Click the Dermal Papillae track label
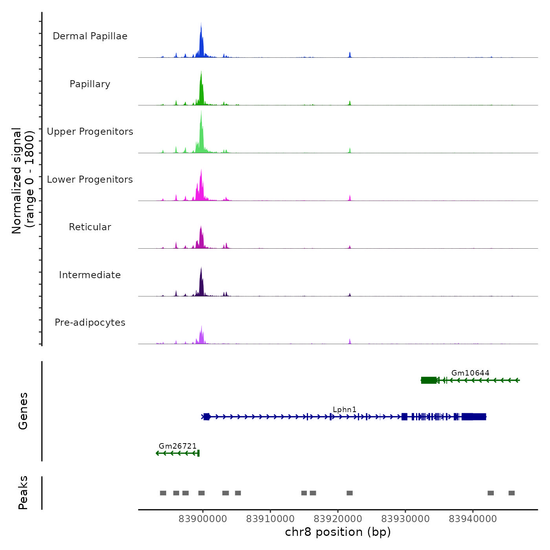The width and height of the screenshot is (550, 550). click(x=90, y=36)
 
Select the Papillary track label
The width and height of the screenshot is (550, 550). click(x=90, y=84)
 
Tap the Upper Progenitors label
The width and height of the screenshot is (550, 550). click(x=90, y=132)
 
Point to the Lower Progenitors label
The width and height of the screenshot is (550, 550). click(x=90, y=180)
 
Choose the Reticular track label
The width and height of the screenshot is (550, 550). click(x=90, y=227)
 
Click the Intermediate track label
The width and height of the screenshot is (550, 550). click(x=90, y=275)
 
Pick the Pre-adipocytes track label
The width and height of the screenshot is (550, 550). click(x=90, y=323)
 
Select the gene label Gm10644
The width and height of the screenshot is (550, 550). click(x=470, y=373)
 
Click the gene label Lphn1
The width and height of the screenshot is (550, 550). click(x=345, y=409)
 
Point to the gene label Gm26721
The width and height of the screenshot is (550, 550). click(x=178, y=446)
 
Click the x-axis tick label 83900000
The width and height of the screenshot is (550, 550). click(x=203, y=519)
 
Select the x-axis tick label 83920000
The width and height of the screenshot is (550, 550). click(x=338, y=519)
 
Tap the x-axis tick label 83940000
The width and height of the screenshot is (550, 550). click(x=473, y=519)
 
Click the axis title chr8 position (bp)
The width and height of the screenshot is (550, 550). click(x=338, y=532)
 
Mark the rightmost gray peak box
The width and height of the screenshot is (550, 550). click(x=511, y=493)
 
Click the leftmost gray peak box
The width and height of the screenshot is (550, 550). click(x=163, y=493)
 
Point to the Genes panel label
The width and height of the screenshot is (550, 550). click(x=23, y=411)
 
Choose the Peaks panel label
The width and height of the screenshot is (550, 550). click(x=23, y=493)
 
